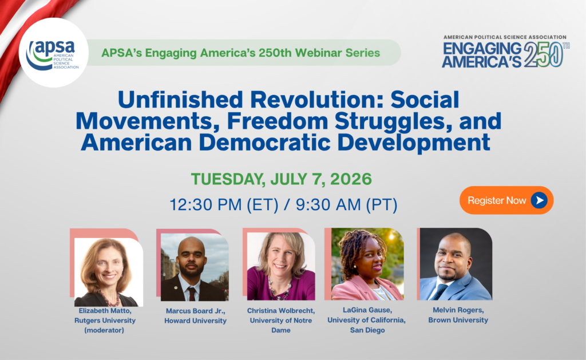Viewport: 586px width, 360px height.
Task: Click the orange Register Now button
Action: click(506, 200)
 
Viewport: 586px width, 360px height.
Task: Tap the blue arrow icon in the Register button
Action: click(539, 200)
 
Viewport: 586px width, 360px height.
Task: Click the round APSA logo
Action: click(53, 53)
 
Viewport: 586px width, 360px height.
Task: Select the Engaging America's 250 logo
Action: click(505, 52)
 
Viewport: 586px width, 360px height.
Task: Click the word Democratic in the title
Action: click(264, 143)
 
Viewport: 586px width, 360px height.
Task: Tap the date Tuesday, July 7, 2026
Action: click(282, 179)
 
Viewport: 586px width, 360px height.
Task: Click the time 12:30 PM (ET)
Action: click(224, 205)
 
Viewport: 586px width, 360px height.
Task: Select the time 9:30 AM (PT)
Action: click(346, 205)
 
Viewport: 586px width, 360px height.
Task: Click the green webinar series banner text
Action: click(241, 53)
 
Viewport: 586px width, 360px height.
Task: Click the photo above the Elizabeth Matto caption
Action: click(108, 272)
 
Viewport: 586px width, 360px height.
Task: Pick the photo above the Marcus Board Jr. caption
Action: click(195, 267)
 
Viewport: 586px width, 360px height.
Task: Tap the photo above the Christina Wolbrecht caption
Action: click(281, 266)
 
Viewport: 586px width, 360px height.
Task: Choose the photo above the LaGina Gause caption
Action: click(367, 264)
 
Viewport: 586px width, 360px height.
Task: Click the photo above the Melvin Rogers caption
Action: click(456, 264)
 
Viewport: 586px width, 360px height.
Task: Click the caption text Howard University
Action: click(196, 321)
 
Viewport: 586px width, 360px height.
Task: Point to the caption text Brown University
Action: click(458, 320)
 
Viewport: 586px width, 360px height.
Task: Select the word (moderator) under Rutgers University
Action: click(104, 330)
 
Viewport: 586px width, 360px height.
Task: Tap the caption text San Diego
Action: click(367, 330)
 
